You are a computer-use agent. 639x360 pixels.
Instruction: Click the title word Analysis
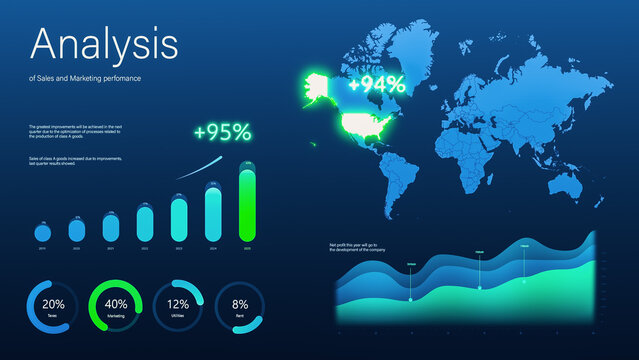tap(105, 44)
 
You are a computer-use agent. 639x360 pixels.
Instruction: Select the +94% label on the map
tap(376, 84)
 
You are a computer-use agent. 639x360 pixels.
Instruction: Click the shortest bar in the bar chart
tap(42, 231)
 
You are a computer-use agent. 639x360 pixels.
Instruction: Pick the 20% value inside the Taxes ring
tap(54, 304)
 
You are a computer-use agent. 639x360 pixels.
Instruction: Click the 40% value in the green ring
tap(116, 304)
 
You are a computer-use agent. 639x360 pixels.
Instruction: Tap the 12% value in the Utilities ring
tap(178, 304)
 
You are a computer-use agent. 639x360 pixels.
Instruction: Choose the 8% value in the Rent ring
tap(240, 304)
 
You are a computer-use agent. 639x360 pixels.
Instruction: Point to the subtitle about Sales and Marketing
tap(84, 78)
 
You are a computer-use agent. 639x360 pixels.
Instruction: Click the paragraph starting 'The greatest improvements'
tap(76, 132)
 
